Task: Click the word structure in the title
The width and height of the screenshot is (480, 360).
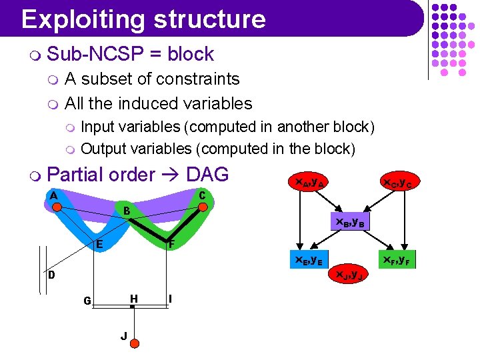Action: [209, 19]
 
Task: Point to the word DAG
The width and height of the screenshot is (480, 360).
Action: [207, 175]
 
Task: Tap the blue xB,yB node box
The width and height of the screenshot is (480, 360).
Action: [349, 222]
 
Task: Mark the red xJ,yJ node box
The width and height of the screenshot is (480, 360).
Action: [349, 273]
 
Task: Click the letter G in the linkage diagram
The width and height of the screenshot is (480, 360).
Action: [87, 301]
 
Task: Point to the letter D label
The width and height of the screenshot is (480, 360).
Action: [51, 275]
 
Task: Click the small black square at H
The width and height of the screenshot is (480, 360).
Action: [133, 306]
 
